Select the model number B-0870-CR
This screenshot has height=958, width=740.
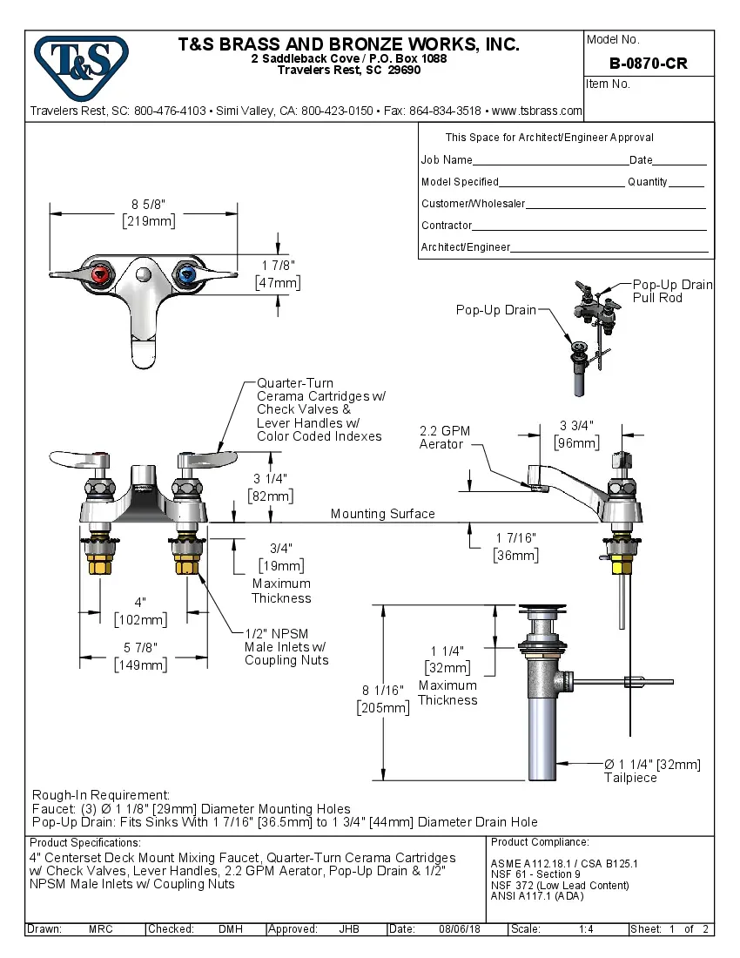pos(649,64)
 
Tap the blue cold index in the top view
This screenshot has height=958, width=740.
pos(185,277)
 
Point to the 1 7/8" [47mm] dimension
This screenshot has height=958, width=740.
pos(278,273)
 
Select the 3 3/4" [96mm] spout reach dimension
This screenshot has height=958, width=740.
pos(576,434)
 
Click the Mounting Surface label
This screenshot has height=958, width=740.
pos(382,514)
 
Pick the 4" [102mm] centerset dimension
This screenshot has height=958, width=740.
pos(140,611)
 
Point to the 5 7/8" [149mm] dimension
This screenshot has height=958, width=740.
pos(140,656)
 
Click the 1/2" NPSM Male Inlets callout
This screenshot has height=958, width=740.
pos(286,647)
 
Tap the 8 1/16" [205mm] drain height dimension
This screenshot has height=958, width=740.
pos(383,698)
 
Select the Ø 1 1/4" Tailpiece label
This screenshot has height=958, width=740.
pos(653,770)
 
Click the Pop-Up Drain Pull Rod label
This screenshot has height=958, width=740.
pos(671,291)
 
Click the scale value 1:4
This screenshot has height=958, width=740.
pos(586,929)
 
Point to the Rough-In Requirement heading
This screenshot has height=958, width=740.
pos(100,795)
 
